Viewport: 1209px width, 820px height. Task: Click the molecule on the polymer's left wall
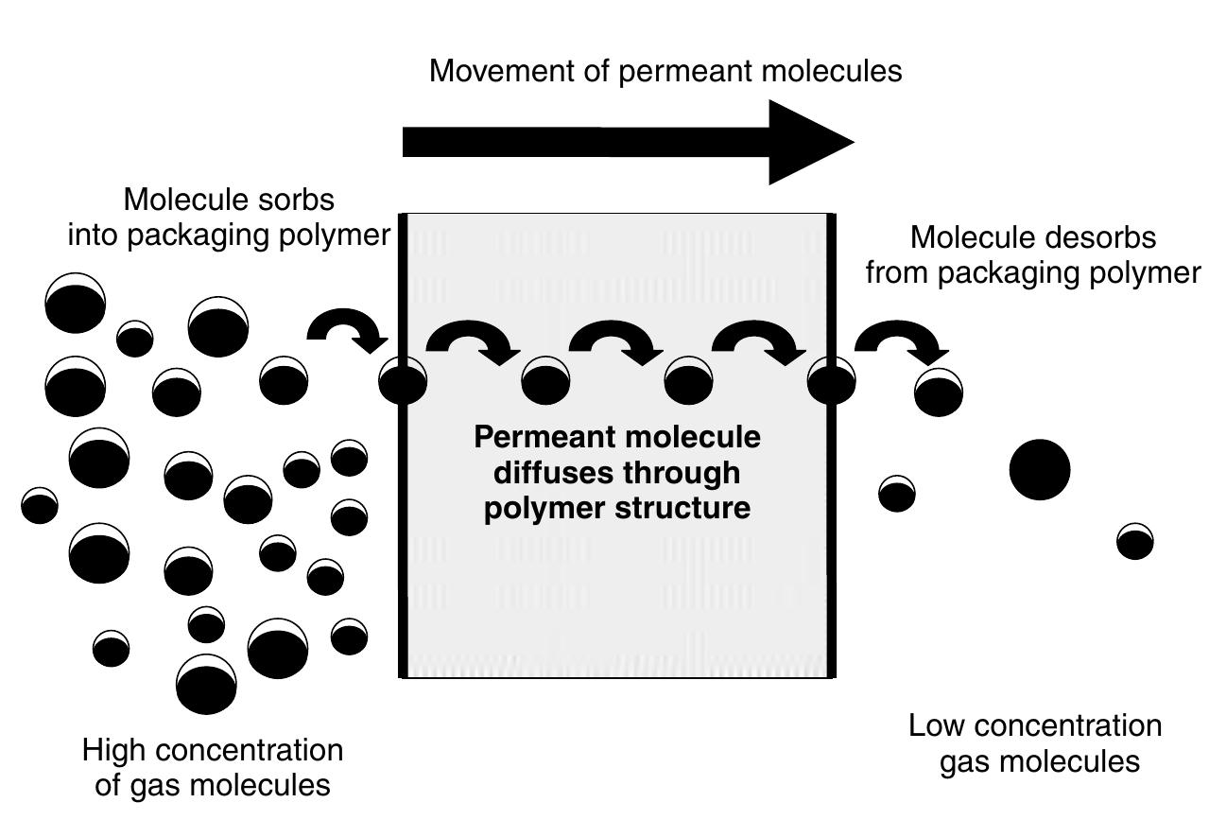coord(403,382)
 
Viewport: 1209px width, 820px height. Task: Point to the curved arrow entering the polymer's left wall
coord(347,331)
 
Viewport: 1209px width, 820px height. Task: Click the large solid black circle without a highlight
coord(1039,469)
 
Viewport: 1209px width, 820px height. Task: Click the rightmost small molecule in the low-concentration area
coord(1134,542)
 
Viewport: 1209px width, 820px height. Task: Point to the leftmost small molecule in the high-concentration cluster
coord(40,505)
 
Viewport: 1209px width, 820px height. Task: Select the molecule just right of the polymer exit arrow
coord(938,393)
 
